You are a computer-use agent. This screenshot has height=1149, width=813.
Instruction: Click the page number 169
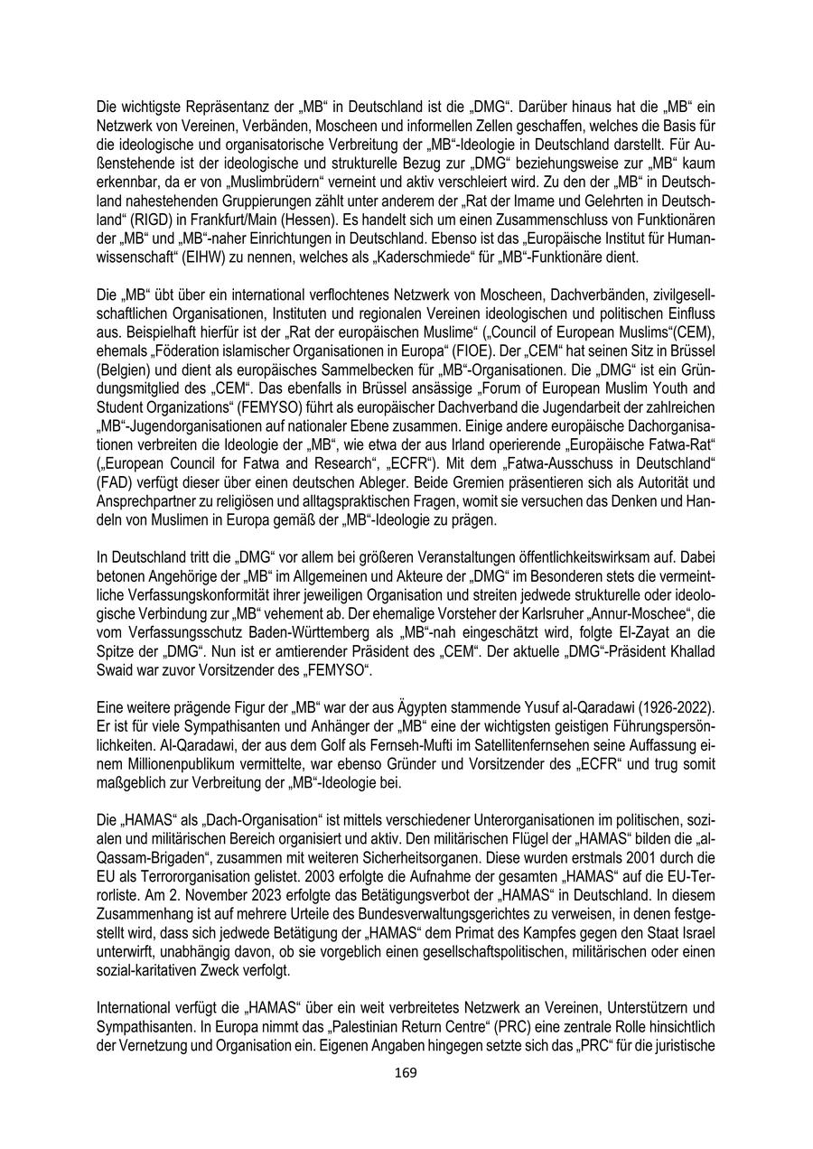pos(406,1072)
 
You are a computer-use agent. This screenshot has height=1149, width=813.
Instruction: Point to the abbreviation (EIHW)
pos(217,257)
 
